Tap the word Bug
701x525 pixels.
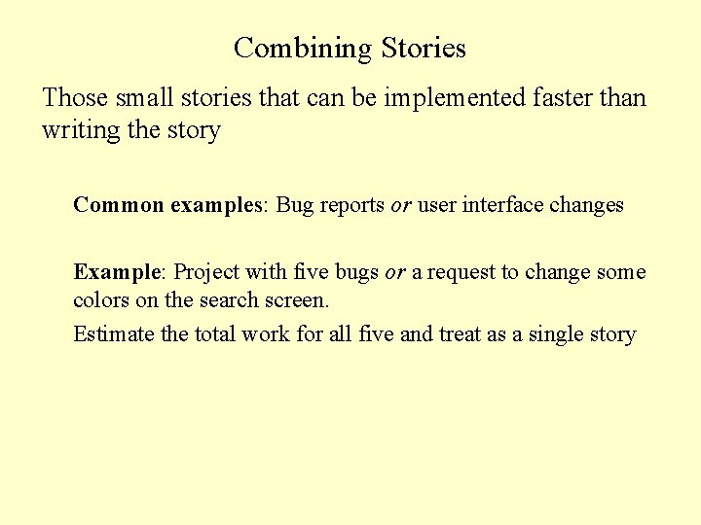(295, 205)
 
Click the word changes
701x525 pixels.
(586, 205)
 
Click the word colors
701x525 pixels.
(99, 299)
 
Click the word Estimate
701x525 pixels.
(114, 334)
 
